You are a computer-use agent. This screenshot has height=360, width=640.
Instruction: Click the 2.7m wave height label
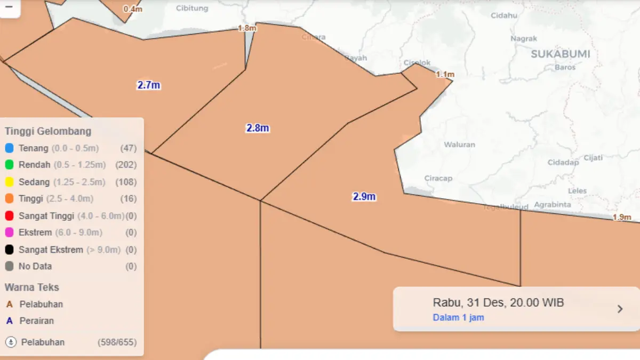click(149, 85)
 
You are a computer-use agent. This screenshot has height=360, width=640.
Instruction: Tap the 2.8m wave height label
click(258, 128)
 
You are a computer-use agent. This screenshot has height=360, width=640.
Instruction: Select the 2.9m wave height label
click(364, 196)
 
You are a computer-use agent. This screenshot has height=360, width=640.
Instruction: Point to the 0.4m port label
click(133, 9)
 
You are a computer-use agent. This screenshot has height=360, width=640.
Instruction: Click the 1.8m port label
click(247, 28)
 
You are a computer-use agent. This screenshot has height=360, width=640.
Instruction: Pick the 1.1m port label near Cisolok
click(445, 74)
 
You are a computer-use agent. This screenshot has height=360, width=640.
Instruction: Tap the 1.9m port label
click(622, 217)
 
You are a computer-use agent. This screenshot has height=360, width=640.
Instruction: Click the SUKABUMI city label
click(561, 54)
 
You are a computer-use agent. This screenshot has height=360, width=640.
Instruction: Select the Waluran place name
click(459, 145)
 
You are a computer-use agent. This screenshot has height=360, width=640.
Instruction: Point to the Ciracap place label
click(438, 178)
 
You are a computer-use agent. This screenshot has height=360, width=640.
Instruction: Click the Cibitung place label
click(192, 9)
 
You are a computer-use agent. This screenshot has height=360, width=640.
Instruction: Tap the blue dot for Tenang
click(9, 148)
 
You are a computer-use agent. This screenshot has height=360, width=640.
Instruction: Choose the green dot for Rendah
click(9, 165)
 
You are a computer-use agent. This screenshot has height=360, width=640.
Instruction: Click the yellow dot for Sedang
click(9, 182)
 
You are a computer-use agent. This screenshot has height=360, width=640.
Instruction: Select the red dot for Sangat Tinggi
click(9, 216)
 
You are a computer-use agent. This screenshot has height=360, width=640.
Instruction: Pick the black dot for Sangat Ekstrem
click(9, 250)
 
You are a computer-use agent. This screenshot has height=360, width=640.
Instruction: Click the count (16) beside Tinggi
click(129, 199)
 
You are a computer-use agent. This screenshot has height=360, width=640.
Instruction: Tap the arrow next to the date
click(620, 309)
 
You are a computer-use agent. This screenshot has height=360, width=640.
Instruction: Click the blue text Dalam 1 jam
click(458, 317)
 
